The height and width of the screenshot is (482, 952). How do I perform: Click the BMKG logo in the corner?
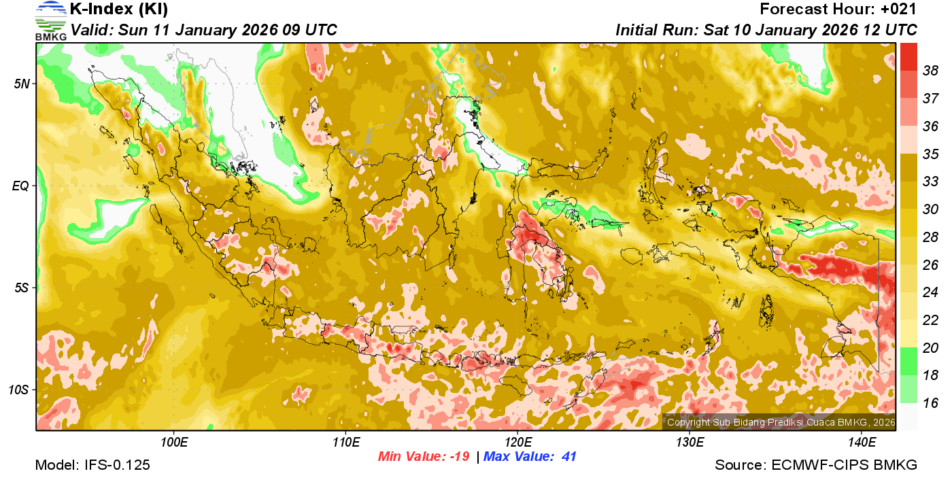pyautogui.click(x=50, y=20)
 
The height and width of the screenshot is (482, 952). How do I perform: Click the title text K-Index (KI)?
pyautogui.click(x=119, y=10)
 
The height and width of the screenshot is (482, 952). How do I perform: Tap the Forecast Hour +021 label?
pyautogui.click(x=838, y=10)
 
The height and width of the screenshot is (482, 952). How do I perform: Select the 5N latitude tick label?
pyautogui.click(x=20, y=84)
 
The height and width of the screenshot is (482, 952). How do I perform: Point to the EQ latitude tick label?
pyautogui.click(x=20, y=186)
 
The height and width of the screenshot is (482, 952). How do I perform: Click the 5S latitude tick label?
pyautogui.click(x=20, y=288)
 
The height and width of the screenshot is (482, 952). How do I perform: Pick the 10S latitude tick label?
pyautogui.click(x=18, y=390)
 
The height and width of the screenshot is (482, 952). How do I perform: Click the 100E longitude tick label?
pyautogui.click(x=173, y=443)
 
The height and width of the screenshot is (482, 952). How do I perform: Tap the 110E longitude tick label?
pyautogui.click(x=345, y=443)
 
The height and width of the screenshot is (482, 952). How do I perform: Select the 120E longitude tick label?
pyautogui.click(x=517, y=443)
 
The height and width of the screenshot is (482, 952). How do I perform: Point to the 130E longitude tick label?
pyautogui.click(x=690, y=443)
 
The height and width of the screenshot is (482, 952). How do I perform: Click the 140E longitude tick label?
pyautogui.click(x=862, y=443)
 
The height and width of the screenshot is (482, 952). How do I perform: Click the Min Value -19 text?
pyautogui.click(x=424, y=457)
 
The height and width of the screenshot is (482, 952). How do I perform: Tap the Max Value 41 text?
pyautogui.click(x=530, y=457)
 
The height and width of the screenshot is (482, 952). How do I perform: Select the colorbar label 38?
pyautogui.click(x=930, y=70)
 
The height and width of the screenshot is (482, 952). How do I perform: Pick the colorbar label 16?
pyautogui.click(x=930, y=403)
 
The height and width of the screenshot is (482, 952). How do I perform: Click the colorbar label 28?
pyautogui.click(x=930, y=237)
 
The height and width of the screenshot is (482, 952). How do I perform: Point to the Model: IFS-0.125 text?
pyautogui.click(x=92, y=466)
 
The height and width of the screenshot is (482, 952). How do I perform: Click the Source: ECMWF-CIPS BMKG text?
pyautogui.click(x=816, y=466)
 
